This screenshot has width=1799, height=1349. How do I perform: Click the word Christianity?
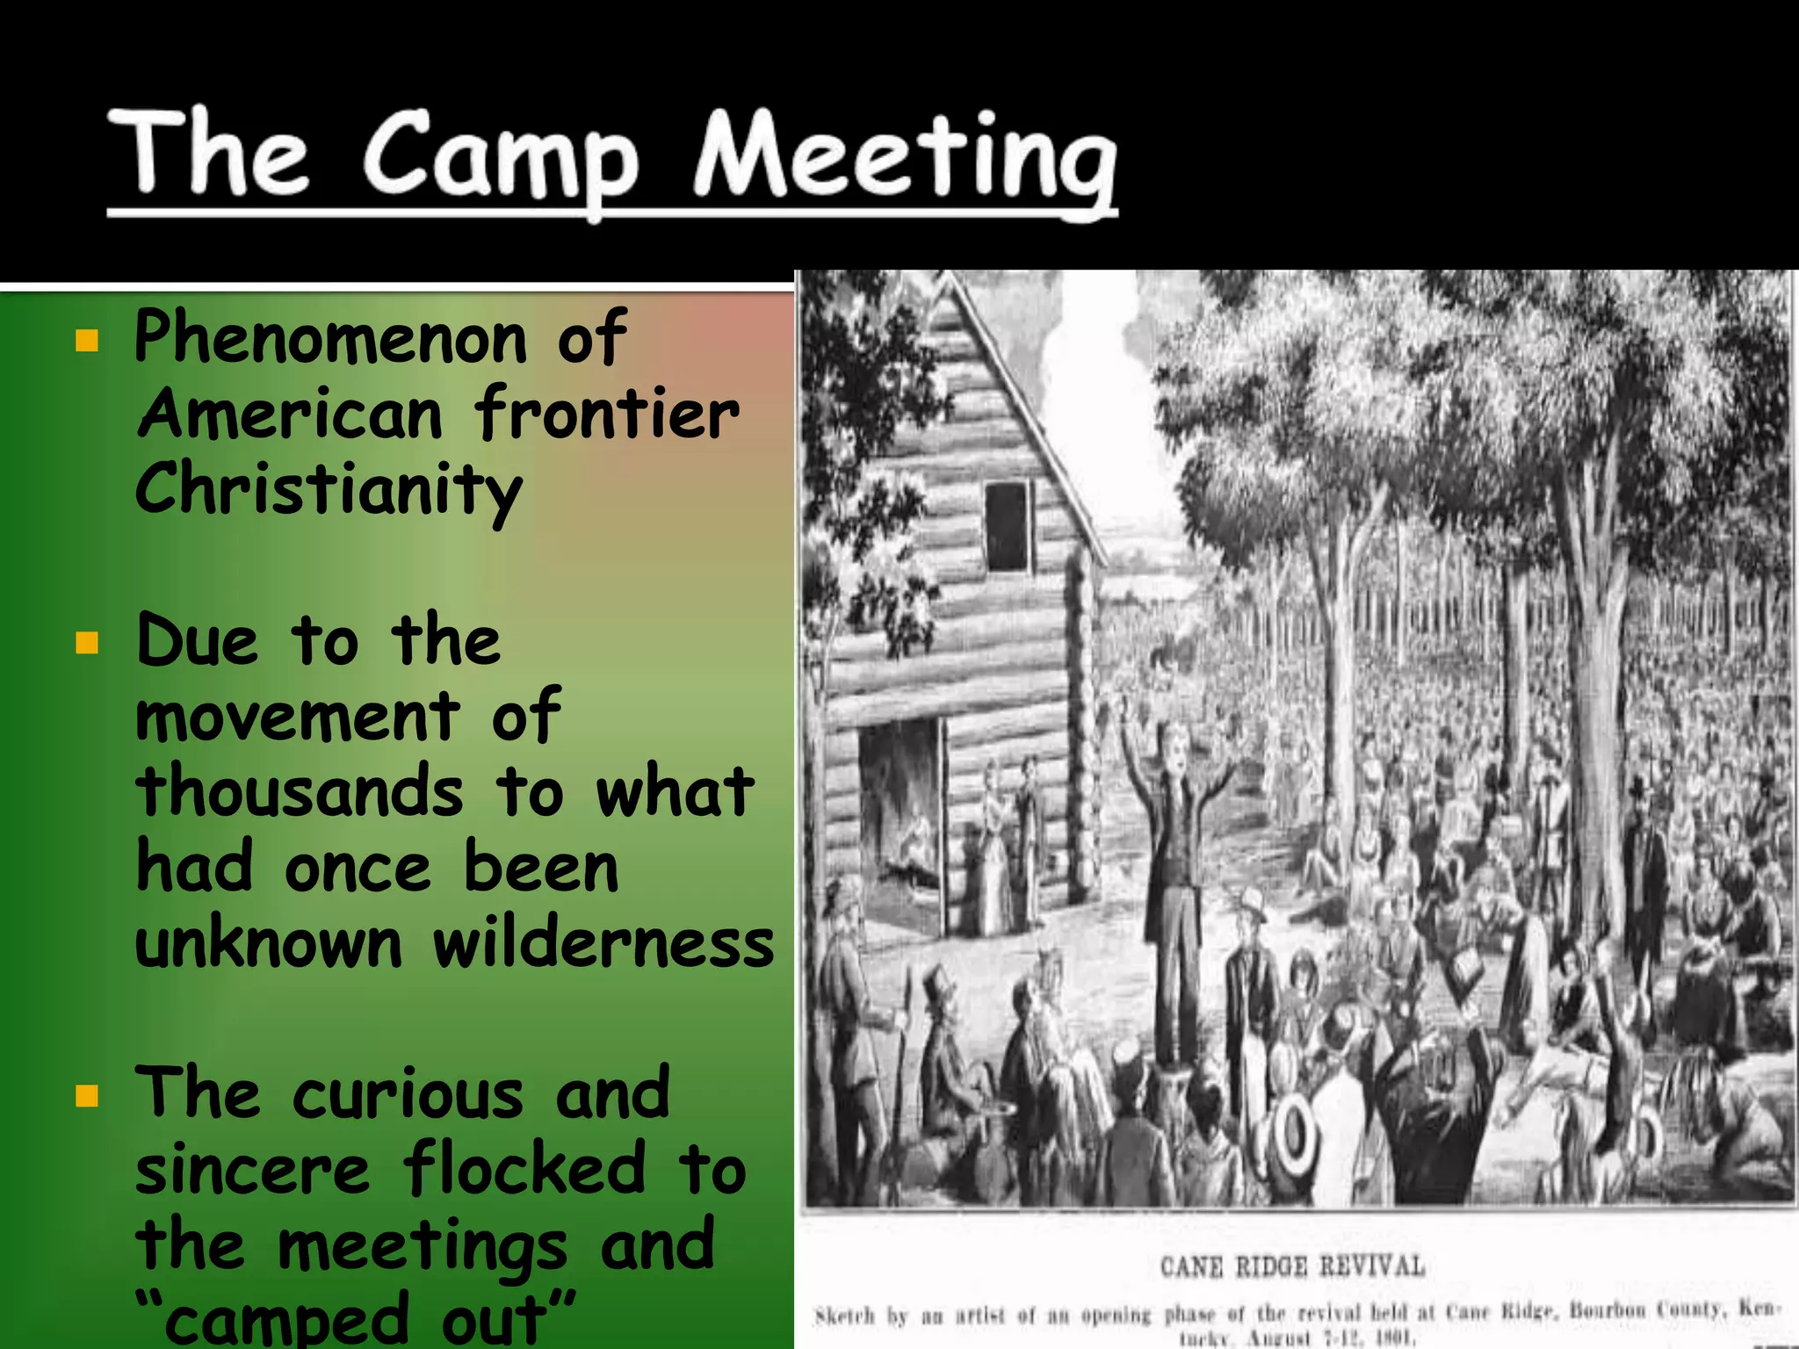click(x=329, y=490)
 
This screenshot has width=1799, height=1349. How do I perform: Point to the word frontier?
click(x=607, y=414)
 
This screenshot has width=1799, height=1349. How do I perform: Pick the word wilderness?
click(x=603, y=944)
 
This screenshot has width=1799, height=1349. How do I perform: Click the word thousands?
click(x=300, y=791)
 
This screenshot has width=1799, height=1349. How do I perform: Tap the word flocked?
click(x=524, y=1168)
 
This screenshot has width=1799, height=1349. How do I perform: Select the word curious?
click(x=408, y=1094)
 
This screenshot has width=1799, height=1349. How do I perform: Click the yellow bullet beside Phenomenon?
click(x=87, y=341)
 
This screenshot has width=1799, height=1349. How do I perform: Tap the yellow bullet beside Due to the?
click(x=87, y=644)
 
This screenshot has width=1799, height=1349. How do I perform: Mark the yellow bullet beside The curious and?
click(x=87, y=1096)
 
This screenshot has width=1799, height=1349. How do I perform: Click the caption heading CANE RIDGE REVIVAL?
click(x=1291, y=1266)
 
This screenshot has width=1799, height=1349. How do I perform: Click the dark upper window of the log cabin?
click(x=1007, y=525)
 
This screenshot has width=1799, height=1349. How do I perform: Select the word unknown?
click(x=269, y=944)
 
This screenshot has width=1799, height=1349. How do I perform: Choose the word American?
click(x=290, y=414)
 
